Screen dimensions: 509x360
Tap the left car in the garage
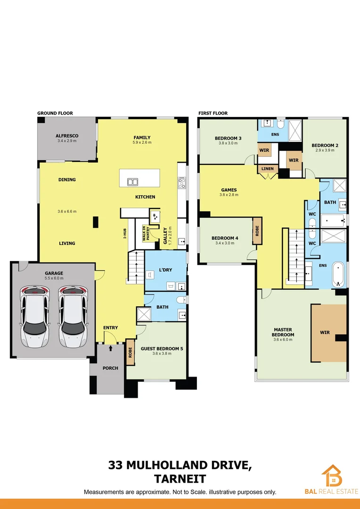[x=34, y=316]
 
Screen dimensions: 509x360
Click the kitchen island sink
[x=133, y=182]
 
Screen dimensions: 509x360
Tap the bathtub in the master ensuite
[x=338, y=275]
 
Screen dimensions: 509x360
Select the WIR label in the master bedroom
[x=325, y=332]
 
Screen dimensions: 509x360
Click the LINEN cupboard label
[x=266, y=169]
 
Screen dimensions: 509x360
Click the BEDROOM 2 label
[x=325, y=146]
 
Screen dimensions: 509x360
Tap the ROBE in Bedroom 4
[x=257, y=231]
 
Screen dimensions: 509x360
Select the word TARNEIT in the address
[x=180, y=479]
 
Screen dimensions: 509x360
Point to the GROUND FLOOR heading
[x=55, y=114]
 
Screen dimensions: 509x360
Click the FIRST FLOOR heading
[x=213, y=114]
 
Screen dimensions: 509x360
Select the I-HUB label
[x=124, y=233]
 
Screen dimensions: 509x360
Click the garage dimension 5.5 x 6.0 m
[x=54, y=278]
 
